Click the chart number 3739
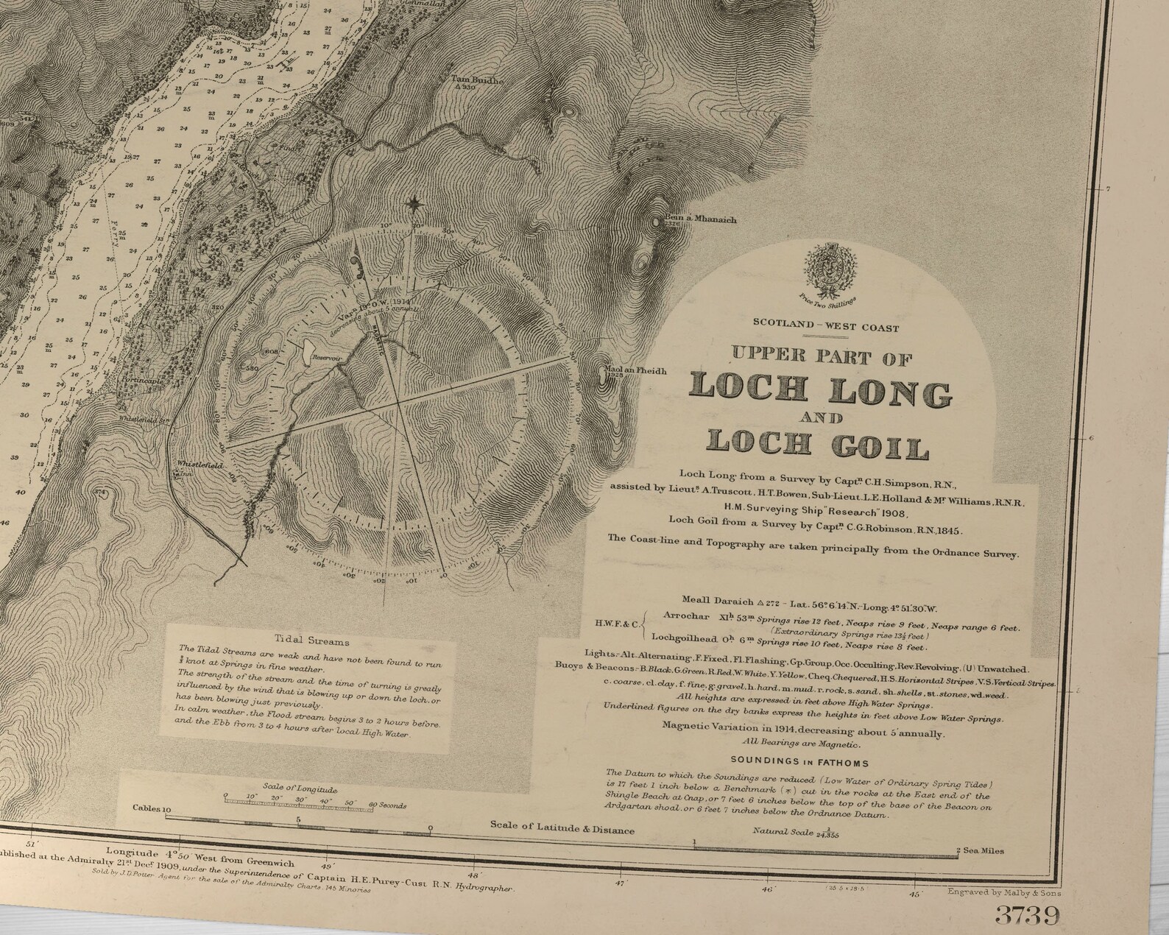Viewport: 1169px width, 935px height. [x=1028, y=914]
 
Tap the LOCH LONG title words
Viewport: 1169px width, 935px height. [x=821, y=389]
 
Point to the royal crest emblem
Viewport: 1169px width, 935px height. [x=828, y=267]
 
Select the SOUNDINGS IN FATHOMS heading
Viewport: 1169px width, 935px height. [x=799, y=763]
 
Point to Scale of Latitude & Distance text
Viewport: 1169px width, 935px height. [x=562, y=830]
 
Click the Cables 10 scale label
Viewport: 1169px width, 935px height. [x=152, y=808]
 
